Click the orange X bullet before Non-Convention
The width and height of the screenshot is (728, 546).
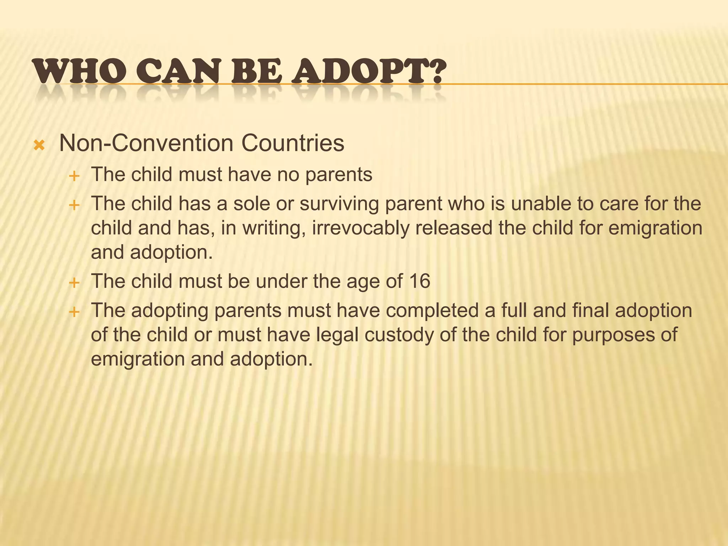click(39, 145)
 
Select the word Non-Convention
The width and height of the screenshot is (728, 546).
click(146, 143)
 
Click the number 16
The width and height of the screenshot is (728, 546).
click(419, 281)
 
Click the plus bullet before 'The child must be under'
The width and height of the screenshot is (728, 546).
click(74, 283)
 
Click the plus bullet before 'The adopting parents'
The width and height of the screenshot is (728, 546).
click(74, 312)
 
